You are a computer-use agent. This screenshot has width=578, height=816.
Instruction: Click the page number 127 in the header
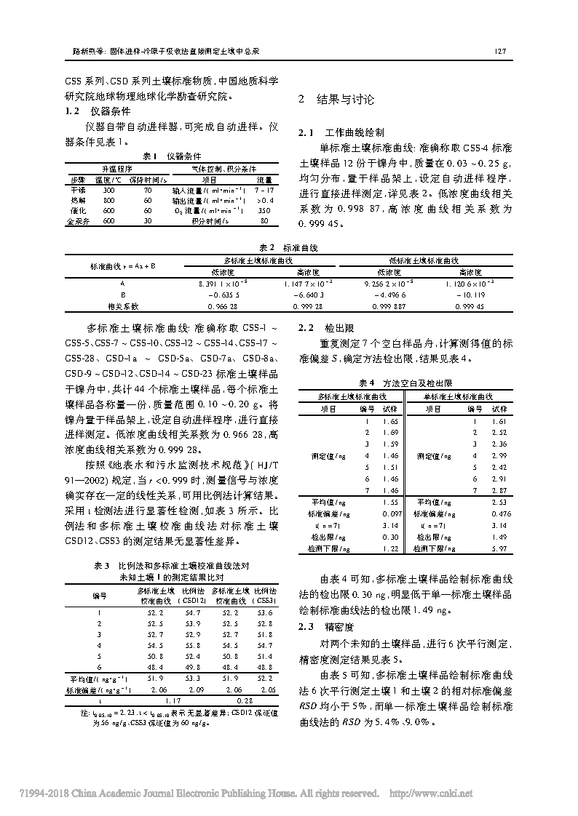(499, 52)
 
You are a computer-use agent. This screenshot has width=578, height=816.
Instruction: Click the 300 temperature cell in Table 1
(109, 189)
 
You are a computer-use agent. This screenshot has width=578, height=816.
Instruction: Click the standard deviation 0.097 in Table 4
(391, 513)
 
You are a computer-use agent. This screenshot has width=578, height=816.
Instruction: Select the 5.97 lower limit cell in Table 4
(499, 548)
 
